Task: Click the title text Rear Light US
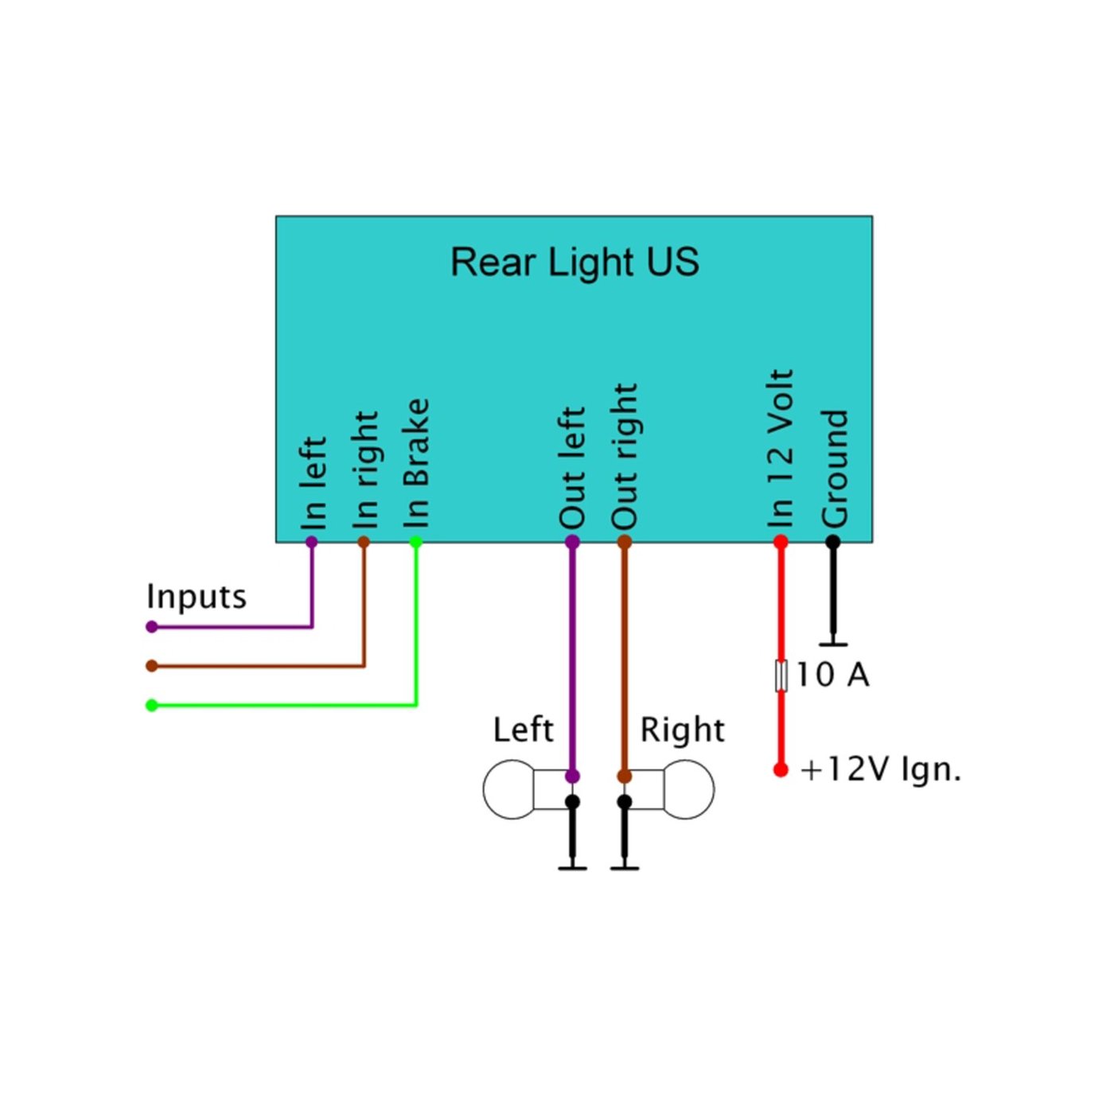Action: [x=575, y=263]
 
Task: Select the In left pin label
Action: [x=314, y=482]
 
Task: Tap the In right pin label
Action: [x=365, y=469]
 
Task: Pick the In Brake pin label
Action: [x=416, y=463]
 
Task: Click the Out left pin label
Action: [x=572, y=468]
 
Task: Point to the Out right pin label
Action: [x=625, y=456]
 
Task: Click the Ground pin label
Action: [x=835, y=468]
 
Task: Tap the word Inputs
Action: [x=197, y=597]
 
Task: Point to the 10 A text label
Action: [x=832, y=675]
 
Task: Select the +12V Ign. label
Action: [x=881, y=769]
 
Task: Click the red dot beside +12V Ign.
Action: [x=781, y=769]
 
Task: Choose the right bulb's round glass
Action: [x=688, y=789]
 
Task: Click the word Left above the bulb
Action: [x=523, y=730]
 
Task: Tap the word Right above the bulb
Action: [x=682, y=730]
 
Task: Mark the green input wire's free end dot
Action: [x=152, y=705]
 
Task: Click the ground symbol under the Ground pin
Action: [x=833, y=643]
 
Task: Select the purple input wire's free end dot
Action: [x=152, y=627]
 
